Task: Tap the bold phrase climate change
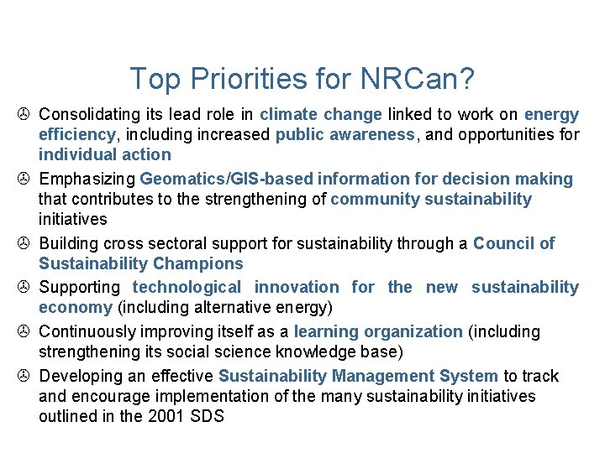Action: (321, 114)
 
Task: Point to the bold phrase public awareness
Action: (345, 134)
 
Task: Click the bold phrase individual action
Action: (104, 154)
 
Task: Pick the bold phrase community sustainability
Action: (431, 199)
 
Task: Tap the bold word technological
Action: (187, 288)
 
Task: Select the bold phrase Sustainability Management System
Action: (359, 376)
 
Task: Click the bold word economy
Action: (76, 308)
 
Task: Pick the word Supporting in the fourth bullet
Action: (82, 288)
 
